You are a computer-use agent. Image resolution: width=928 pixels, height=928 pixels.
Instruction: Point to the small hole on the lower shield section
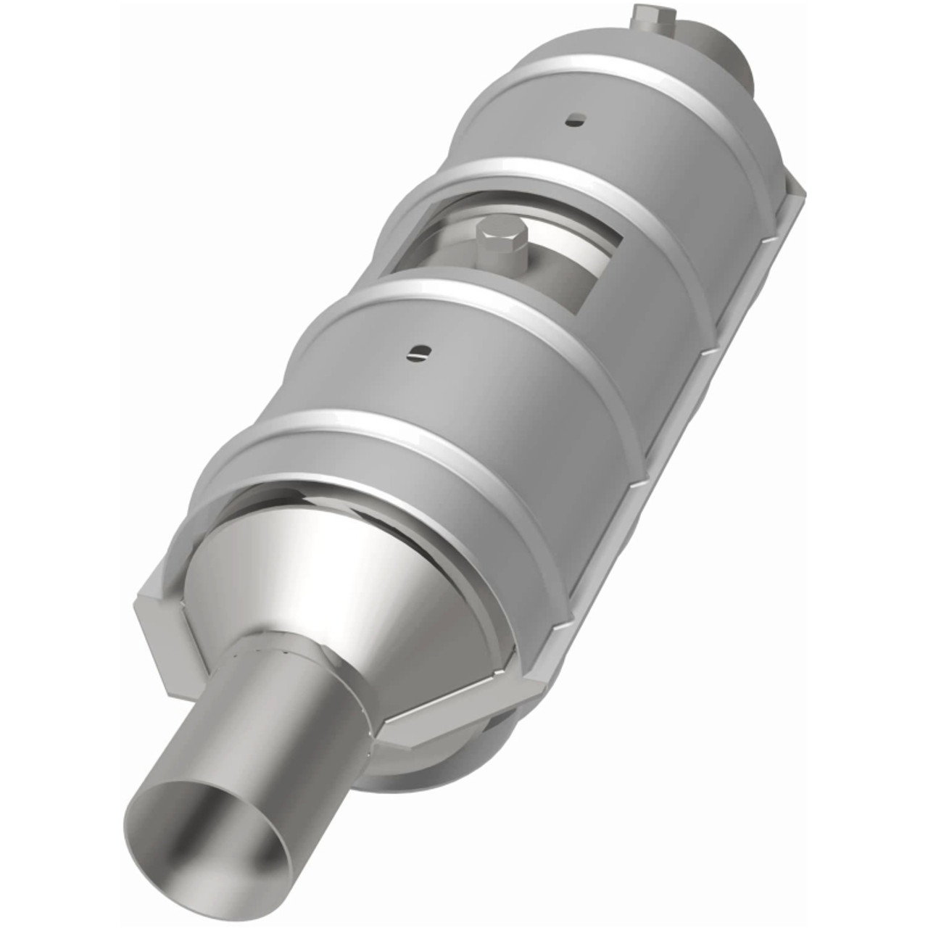pyautogui.click(x=419, y=352)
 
